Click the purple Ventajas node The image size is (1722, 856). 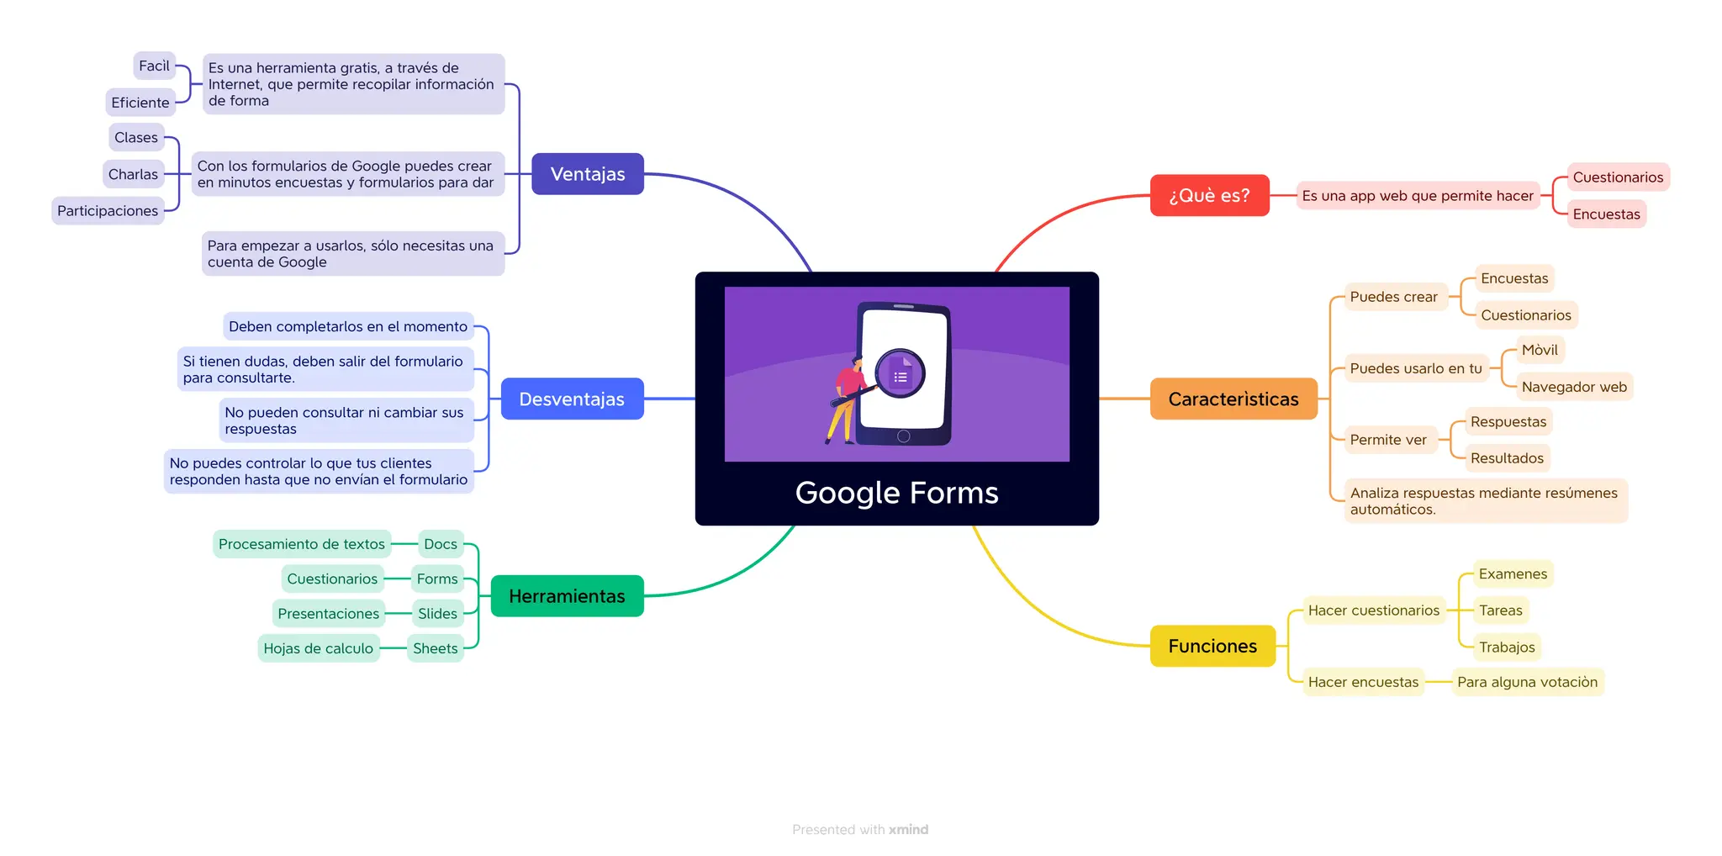point(588,174)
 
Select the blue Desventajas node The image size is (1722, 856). point(572,399)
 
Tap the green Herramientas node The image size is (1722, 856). point(567,596)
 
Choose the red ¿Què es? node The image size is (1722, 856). point(1209,195)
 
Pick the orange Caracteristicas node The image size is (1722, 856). point(1233,399)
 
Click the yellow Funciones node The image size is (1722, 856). point(1212,646)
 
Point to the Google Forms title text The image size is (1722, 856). point(896,493)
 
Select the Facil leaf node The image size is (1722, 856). point(154,66)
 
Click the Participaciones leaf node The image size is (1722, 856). point(108,210)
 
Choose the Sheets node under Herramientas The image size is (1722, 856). point(435,648)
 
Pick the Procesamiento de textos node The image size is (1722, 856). point(301,544)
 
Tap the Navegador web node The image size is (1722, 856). point(1573,387)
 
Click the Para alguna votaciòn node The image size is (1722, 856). point(1527,682)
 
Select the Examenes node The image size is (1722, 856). point(1512,573)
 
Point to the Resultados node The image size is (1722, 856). point(1507,458)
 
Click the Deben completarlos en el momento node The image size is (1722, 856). point(347,326)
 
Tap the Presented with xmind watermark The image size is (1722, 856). point(860,829)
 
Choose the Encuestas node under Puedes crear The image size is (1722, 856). point(1513,278)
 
